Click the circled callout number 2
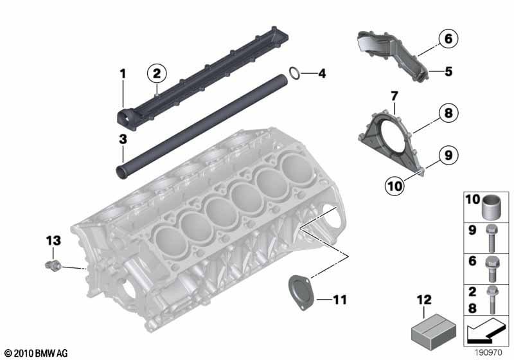(157, 73)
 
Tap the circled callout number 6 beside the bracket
(448, 39)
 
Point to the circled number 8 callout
(448, 113)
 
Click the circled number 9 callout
(448, 155)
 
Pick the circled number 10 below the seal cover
(394, 186)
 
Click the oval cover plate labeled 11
(301, 292)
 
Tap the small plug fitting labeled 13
(53, 265)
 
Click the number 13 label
(53, 240)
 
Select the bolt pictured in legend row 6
(492, 269)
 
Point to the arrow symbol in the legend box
(486, 331)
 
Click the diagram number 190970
(488, 353)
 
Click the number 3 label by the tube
(123, 139)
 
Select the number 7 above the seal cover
(394, 96)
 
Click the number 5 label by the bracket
(448, 71)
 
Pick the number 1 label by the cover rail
(123, 74)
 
